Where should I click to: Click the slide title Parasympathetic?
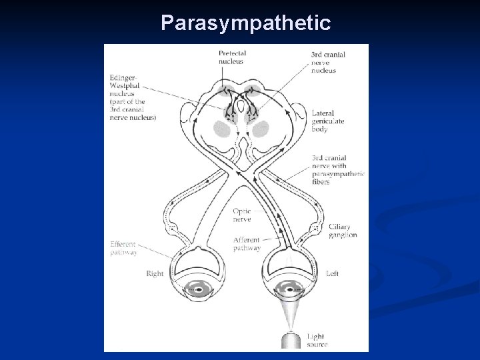(x=246, y=23)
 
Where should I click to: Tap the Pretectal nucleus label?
(x=232, y=57)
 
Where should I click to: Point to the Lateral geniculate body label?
(x=327, y=121)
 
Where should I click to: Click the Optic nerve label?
(x=243, y=214)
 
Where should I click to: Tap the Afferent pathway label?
(x=247, y=243)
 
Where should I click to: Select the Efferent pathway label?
(x=124, y=248)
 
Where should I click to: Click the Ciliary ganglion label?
(x=343, y=231)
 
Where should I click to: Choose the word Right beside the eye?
(x=155, y=273)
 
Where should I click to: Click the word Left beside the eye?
(x=333, y=273)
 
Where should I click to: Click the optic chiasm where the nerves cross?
(x=244, y=175)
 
